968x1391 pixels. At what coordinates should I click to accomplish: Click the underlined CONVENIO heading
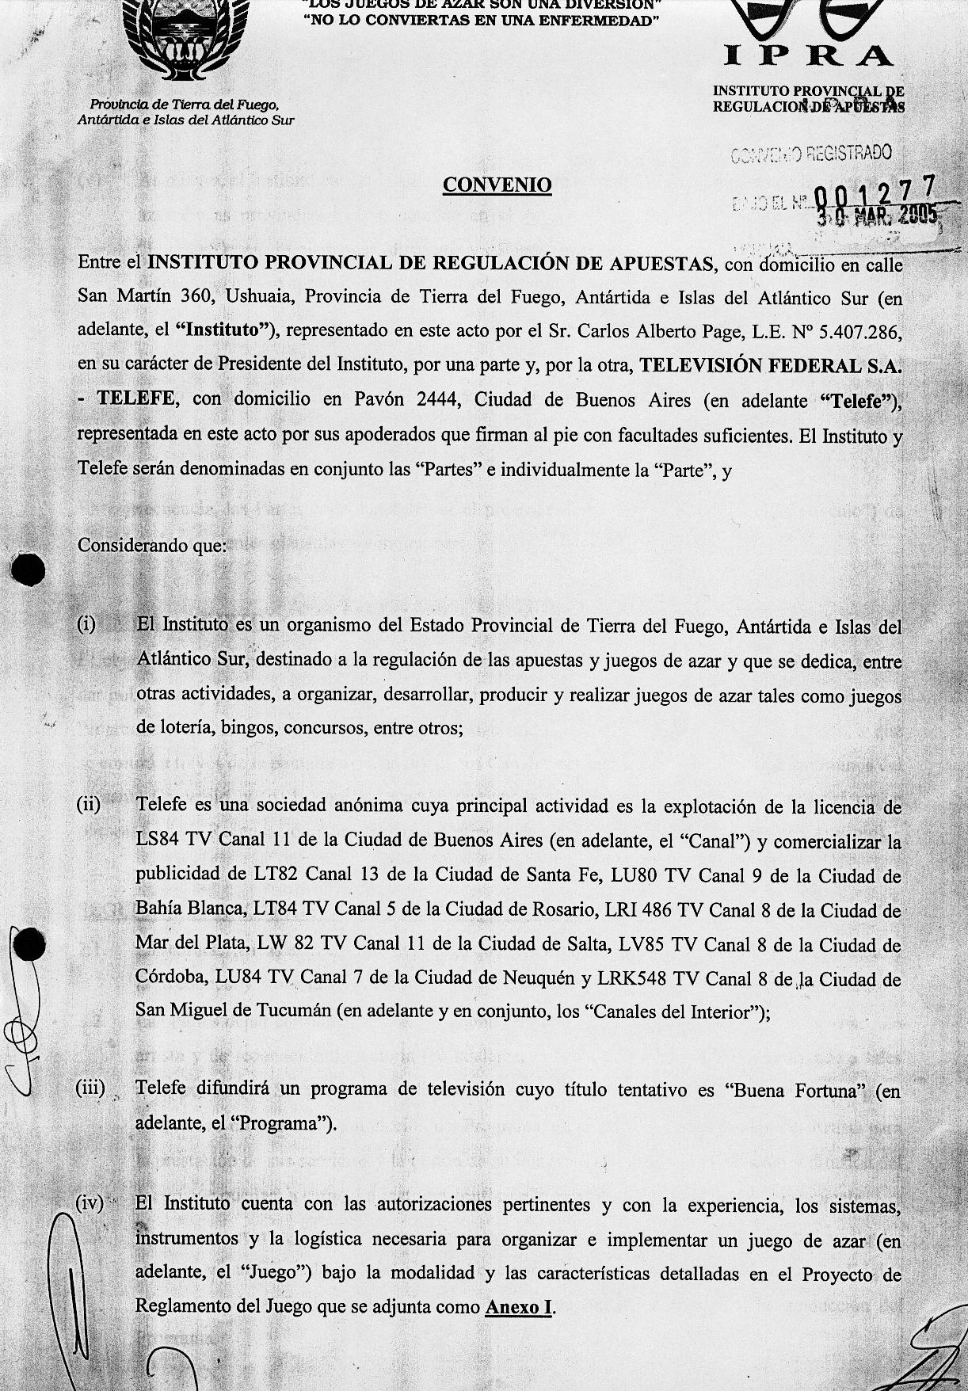click(497, 185)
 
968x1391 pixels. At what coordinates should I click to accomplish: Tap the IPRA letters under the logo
click(810, 55)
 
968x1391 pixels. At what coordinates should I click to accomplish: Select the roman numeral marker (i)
click(87, 624)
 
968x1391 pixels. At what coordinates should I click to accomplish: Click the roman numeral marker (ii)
click(89, 805)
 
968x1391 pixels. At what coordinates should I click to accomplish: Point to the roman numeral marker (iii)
click(90, 1088)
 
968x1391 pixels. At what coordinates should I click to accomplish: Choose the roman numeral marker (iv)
click(90, 1203)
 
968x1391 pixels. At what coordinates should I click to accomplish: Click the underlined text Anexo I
click(519, 1307)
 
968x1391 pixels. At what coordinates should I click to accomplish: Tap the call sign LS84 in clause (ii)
click(158, 840)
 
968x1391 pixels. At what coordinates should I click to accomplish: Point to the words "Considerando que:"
click(152, 546)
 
